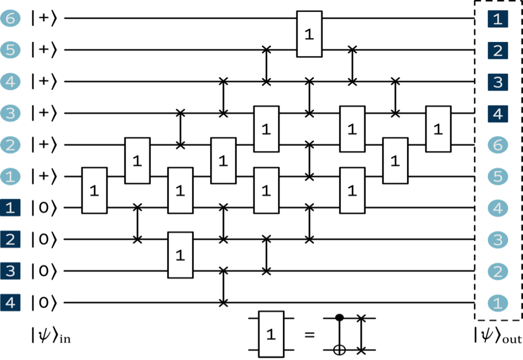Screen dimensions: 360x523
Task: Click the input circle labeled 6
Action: coord(9,19)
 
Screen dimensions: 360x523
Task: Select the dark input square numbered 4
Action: coord(9,302)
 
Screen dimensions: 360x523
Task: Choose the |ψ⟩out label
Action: coord(497,336)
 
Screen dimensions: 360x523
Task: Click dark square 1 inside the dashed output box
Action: coord(497,20)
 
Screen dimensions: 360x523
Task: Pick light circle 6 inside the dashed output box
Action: coord(497,145)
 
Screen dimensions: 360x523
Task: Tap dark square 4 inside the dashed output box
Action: coord(497,114)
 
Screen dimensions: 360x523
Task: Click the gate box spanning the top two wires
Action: coord(309,33)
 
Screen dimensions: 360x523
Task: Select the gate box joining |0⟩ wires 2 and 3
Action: coord(180,255)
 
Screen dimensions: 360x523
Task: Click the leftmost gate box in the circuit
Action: coord(94,192)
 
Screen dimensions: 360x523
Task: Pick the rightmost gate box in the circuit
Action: coord(438,129)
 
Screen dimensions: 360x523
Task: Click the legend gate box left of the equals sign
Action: coord(271,334)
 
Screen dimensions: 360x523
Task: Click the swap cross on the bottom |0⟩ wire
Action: coord(223,302)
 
